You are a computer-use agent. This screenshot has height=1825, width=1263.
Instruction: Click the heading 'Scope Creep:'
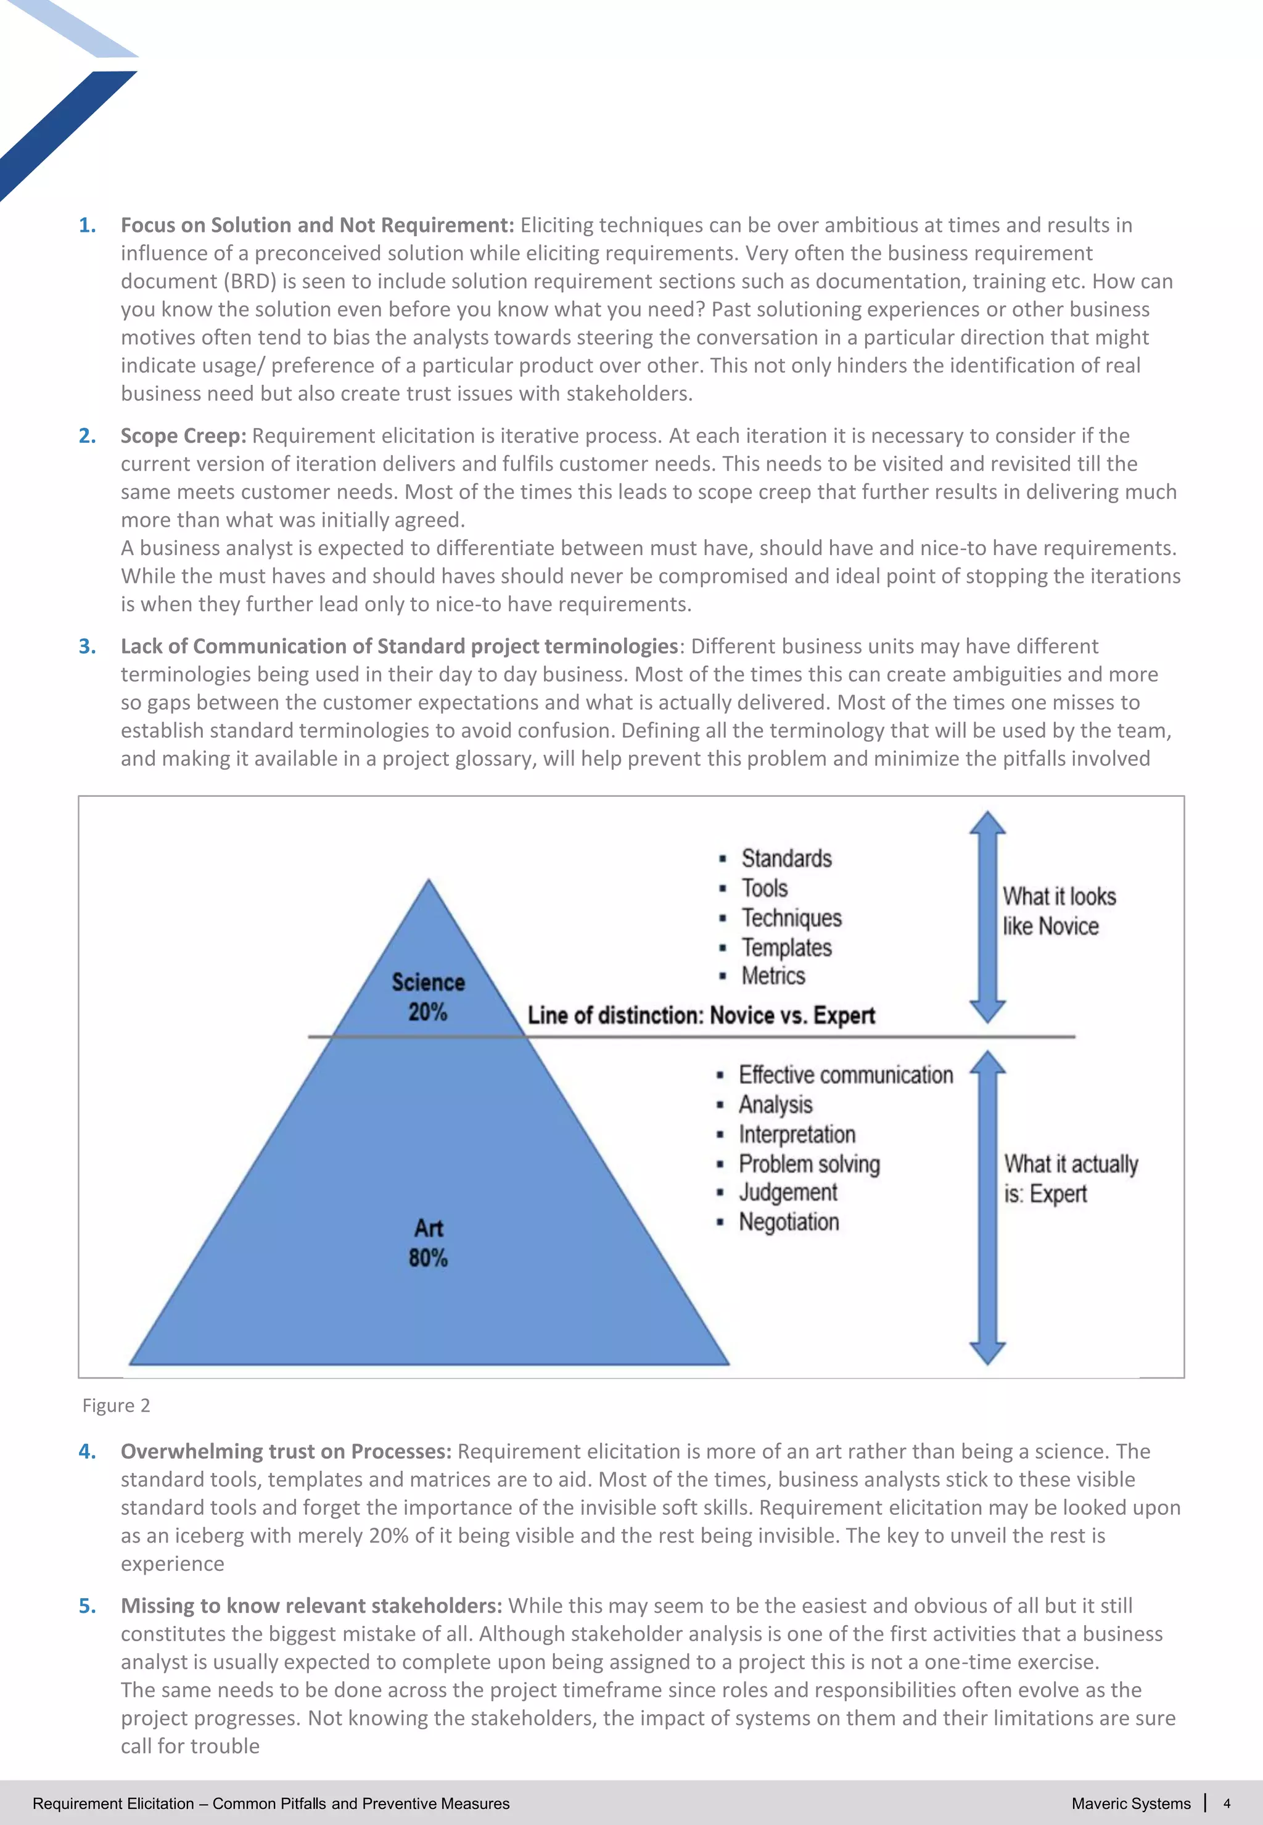pyautogui.click(x=183, y=436)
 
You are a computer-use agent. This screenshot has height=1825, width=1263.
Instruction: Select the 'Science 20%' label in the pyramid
pyautogui.click(x=428, y=997)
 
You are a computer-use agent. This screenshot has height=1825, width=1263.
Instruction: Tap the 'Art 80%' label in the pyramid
pyautogui.click(x=428, y=1243)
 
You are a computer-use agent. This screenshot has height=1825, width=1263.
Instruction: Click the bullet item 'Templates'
pyautogui.click(x=786, y=947)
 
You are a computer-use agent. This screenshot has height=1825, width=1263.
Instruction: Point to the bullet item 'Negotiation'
pyautogui.click(x=788, y=1222)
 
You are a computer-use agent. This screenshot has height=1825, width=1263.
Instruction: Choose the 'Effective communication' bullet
pyautogui.click(x=845, y=1075)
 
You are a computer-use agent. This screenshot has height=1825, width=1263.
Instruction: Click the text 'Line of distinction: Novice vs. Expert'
pyautogui.click(x=701, y=1015)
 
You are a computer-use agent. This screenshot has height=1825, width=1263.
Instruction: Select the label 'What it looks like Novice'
pyautogui.click(x=1058, y=911)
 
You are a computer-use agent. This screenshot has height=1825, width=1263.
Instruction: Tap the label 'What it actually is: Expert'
pyautogui.click(x=1070, y=1179)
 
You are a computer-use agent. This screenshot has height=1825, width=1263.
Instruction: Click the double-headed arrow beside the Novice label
pyautogui.click(x=987, y=917)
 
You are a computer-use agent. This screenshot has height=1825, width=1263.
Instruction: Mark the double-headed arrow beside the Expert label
pyautogui.click(x=987, y=1207)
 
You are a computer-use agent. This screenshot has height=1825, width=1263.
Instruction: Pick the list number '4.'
pyautogui.click(x=87, y=1451)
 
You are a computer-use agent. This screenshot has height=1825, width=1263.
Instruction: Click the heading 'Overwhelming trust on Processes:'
pyautogui.click(x=286, y=1451)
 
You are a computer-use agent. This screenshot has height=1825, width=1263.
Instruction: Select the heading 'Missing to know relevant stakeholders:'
pyautogui.click(x=311, y=1606)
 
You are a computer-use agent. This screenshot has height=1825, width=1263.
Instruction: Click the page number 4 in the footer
pyautogui.click(x=1227, y=1803)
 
